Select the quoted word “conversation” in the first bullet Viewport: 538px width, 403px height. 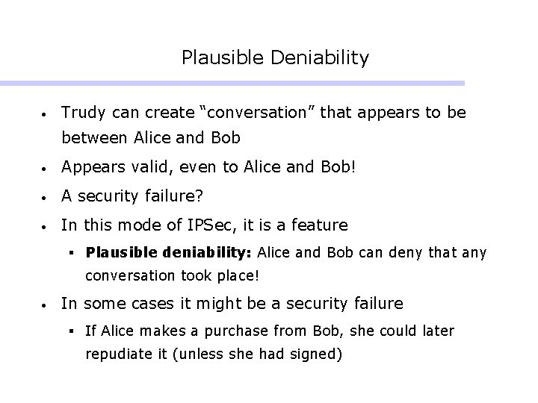click(244, 113)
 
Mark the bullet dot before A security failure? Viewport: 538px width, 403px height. click(46, 196)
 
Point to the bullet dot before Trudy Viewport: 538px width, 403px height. click(46, 114)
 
